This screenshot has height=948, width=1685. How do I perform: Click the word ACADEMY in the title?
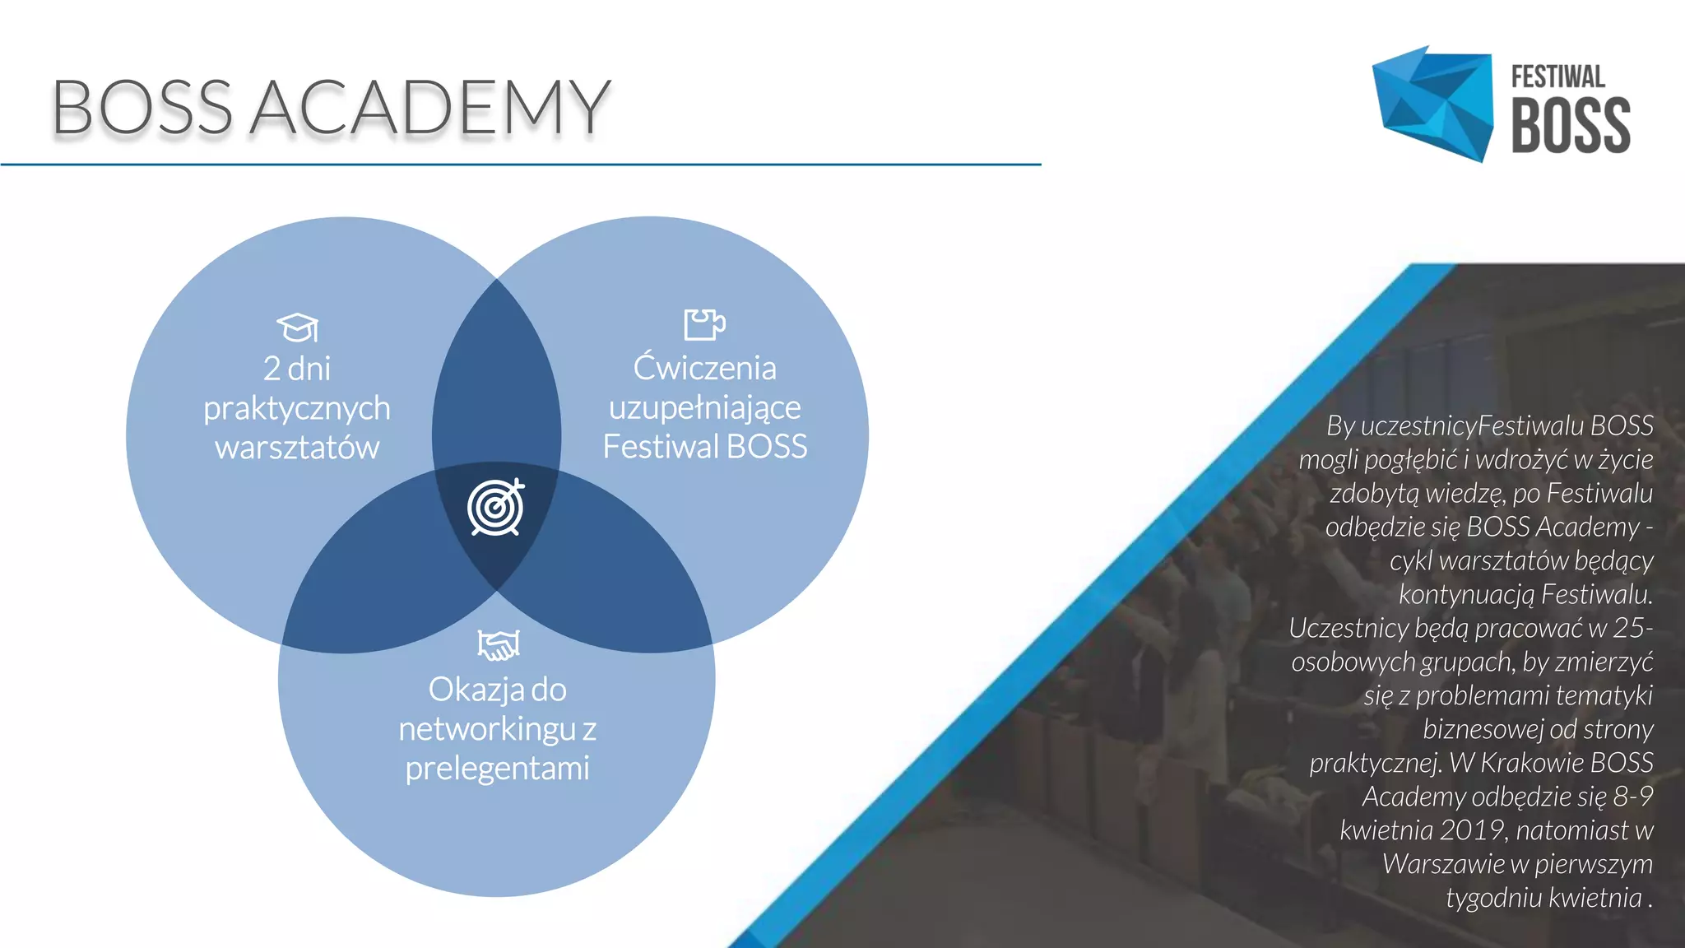click(x=429, y=108)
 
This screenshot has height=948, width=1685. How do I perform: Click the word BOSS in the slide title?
click(x=142, y=108)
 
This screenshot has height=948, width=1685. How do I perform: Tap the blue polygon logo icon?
click(x=1432, y=104)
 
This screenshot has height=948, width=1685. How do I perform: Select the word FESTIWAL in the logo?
click(x=1557, y=77)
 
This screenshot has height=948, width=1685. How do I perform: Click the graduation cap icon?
click(x=297, y=328)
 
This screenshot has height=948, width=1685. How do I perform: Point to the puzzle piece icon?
click(x=704, y=324)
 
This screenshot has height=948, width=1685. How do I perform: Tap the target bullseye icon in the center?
click(x=496, y=508)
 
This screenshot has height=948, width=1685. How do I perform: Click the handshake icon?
click(x=499, y=644)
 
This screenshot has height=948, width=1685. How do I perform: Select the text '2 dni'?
click(x=297, y=368)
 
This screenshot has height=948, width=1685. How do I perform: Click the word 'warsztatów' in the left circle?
click(x=297, y=448)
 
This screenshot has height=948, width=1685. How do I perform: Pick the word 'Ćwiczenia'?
click(x=704, y=368)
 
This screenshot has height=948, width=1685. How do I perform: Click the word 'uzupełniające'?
click(x=704, y=407)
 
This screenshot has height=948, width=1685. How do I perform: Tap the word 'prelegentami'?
click(x=497, y=768)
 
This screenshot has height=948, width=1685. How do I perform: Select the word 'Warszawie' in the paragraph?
click(x=1443, y=864)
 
